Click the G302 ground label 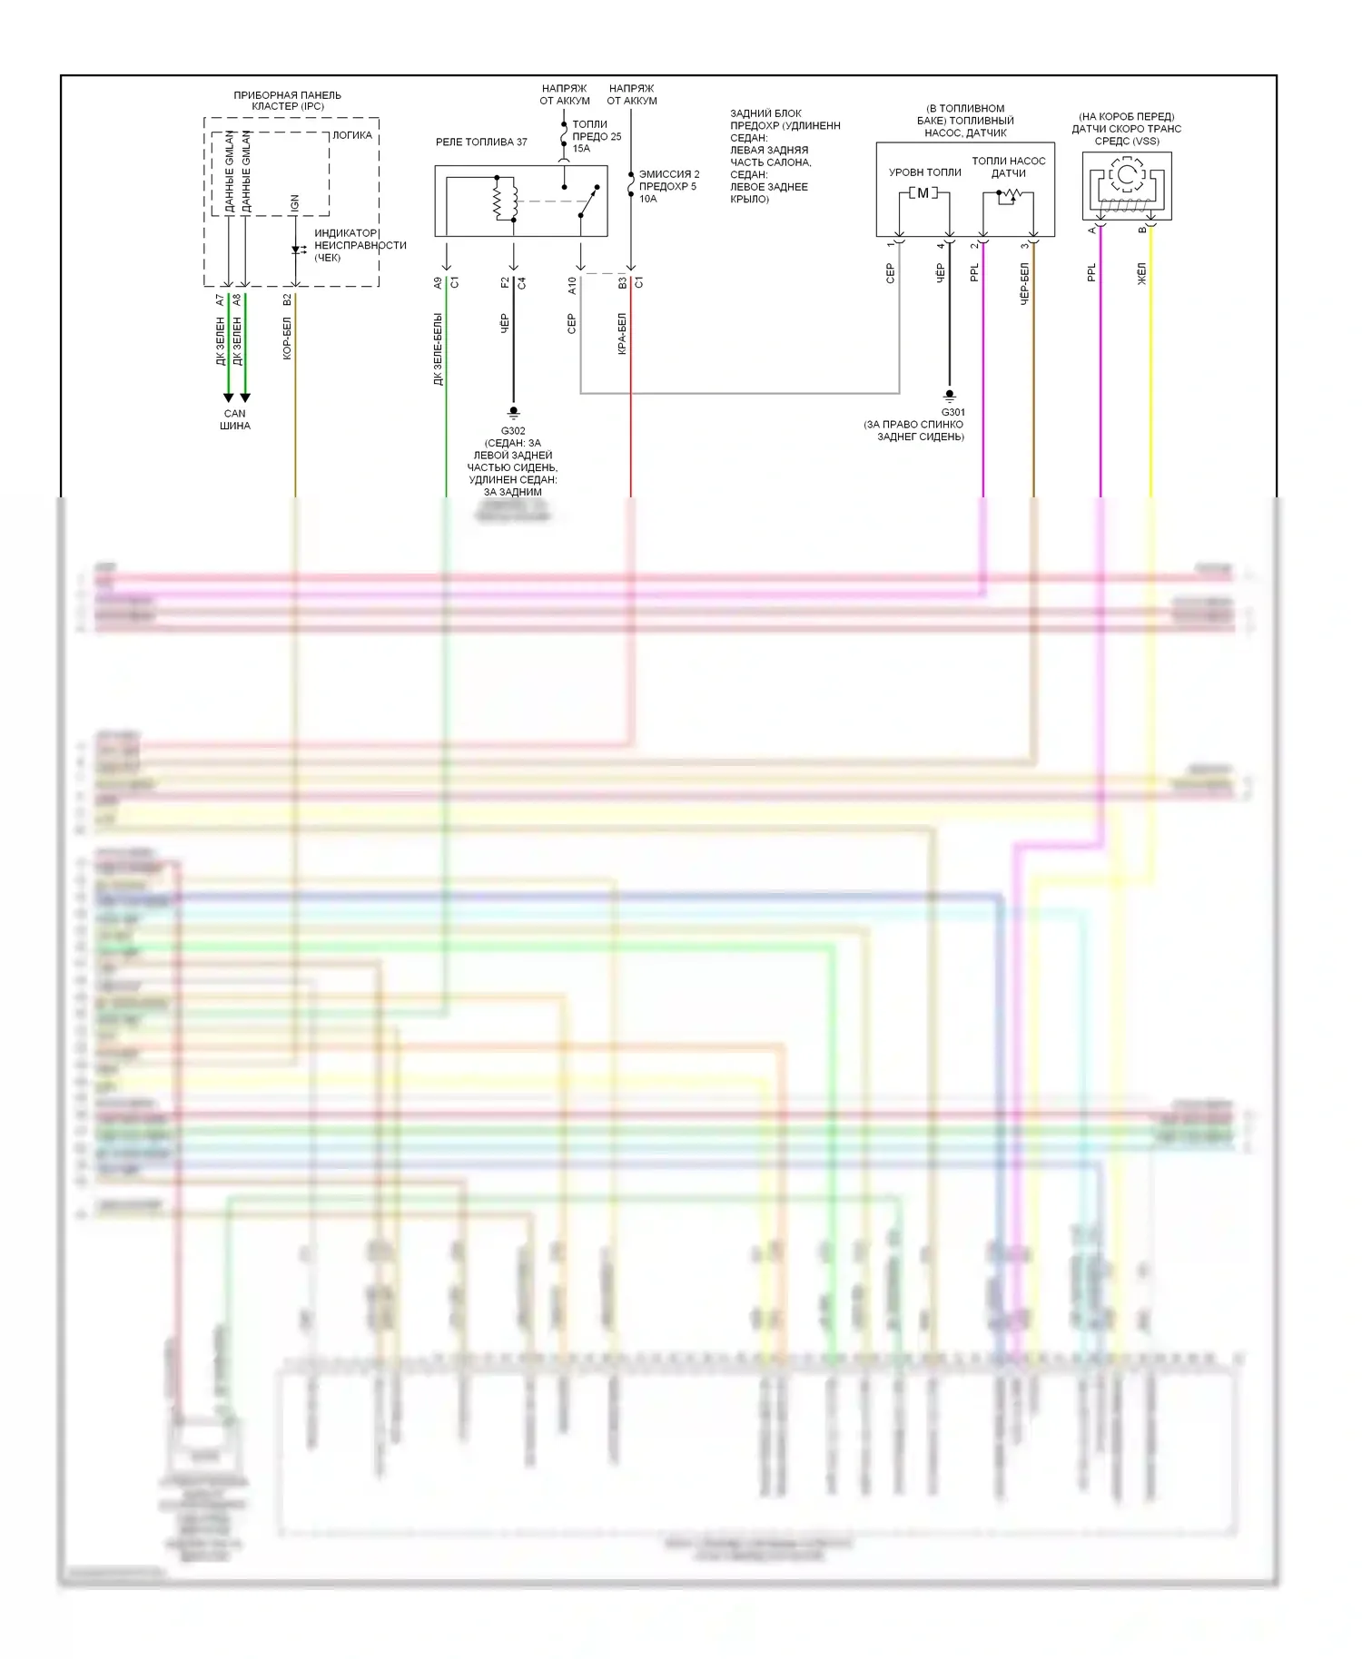pos(513,431)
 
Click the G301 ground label pos(953,412)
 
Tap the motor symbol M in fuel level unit pos(923,192)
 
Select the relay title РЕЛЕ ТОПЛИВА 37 pos(481,142)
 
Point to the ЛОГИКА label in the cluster pos(352,135)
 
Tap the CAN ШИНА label pos(235,419)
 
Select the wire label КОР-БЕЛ pos(287,338)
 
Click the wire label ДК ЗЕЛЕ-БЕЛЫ pos(438,349)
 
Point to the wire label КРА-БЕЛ pos(623,334)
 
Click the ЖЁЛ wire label pos(1142,274)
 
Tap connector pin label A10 pos(572,285)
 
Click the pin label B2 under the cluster pos(287,299)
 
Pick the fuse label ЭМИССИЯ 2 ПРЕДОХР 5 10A pos(668,186)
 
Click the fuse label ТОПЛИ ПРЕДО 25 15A pos(596,136)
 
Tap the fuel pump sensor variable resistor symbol pos(1008,195)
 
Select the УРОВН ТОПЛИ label pos(924,172)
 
